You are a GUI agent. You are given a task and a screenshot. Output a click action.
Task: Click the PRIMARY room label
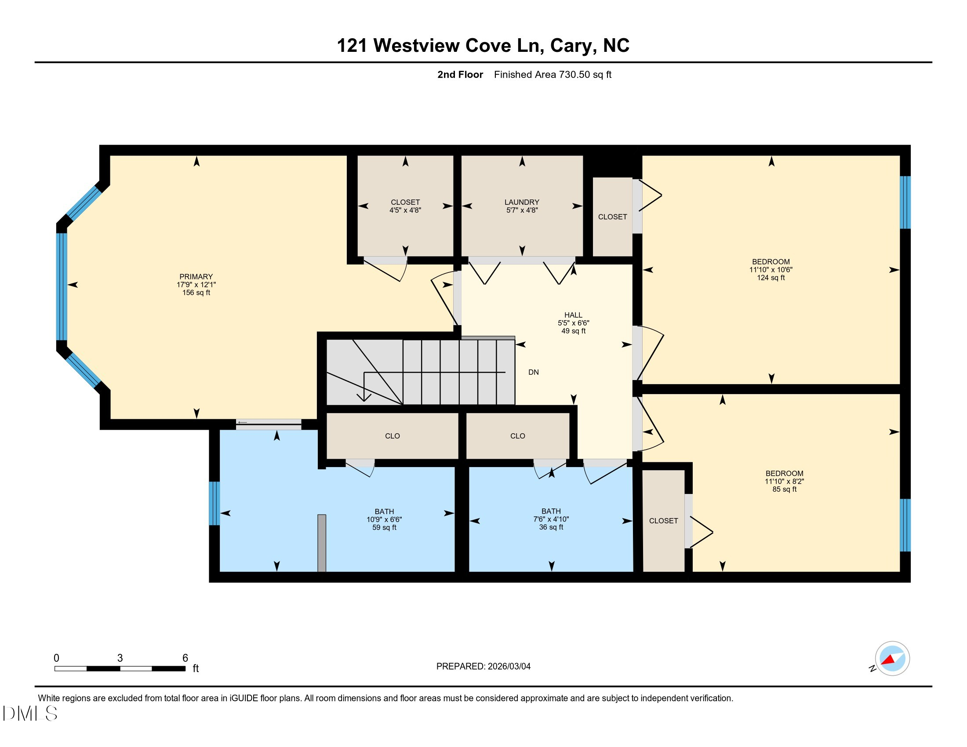point(196,276)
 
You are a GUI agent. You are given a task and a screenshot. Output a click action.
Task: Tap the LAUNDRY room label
point(522,202)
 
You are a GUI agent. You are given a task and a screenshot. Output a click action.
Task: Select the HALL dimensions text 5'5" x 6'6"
point(573,323)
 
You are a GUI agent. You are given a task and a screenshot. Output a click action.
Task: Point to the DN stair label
point(533,372)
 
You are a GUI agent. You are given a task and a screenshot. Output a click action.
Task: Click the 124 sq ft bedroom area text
point(771,278)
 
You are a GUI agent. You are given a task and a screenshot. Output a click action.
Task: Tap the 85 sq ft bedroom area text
point(784,490)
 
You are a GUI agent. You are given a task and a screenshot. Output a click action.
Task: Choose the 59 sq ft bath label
point(384,527)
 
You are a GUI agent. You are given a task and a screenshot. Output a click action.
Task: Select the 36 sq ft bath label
point(551,527)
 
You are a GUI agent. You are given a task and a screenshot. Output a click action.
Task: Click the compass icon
point(892,658)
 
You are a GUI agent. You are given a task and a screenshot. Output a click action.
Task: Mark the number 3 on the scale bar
point(120,658)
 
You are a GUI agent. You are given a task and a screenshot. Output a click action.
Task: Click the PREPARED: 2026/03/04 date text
point(483,667)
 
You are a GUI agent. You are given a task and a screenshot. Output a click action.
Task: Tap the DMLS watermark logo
point(29,713)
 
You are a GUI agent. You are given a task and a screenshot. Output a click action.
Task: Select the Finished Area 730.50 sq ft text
point(552,75)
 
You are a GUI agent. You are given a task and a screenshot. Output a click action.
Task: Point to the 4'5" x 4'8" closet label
point(405,210)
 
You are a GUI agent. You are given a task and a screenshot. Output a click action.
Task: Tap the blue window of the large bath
point(214,503)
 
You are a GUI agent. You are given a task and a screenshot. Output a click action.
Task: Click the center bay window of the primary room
point(62,287)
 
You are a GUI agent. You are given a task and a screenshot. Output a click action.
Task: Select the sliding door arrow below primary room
point(242,423)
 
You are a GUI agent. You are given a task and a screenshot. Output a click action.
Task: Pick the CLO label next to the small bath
point(517,436)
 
